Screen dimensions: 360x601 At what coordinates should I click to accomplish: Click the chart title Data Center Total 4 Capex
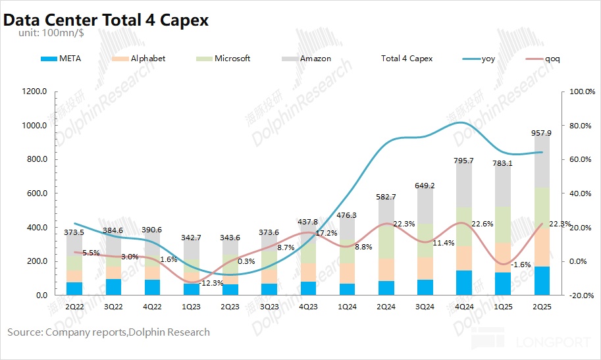click(106, 20)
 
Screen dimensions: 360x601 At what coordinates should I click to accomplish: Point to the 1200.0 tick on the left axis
click(33, 91)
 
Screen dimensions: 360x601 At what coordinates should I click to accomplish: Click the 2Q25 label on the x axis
click(542, 307)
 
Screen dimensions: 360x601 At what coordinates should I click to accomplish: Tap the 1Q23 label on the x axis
click(191, 307)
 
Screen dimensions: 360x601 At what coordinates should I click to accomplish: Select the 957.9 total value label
click(542, 133)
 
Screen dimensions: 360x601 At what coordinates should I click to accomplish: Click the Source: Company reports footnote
click(109, 332)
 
